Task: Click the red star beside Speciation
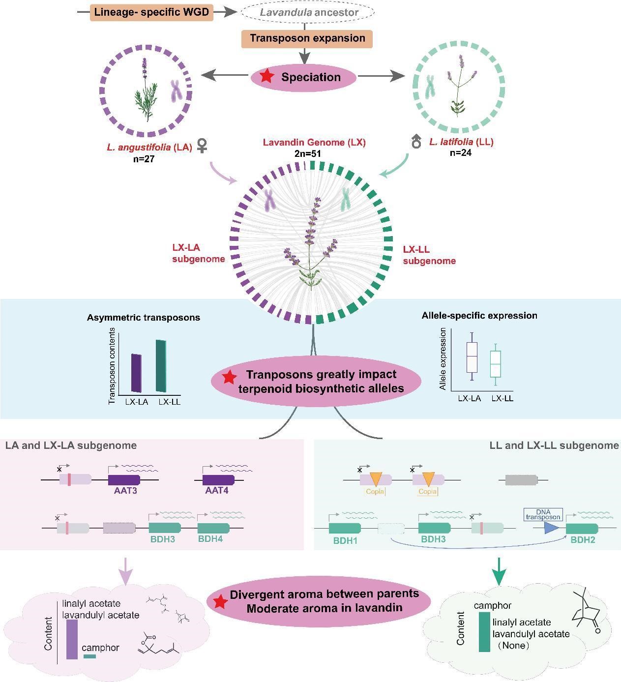point(267,77)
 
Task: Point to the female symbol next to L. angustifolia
point(202,145)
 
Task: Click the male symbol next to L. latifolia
point(416,142)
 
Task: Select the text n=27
point(143,159)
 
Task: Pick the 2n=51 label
point(307,153)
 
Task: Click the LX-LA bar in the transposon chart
point(136,373)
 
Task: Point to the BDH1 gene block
point(345,528)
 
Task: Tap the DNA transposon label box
point(543,514)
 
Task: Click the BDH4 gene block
point(213,528)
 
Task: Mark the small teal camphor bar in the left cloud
point(89,656)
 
